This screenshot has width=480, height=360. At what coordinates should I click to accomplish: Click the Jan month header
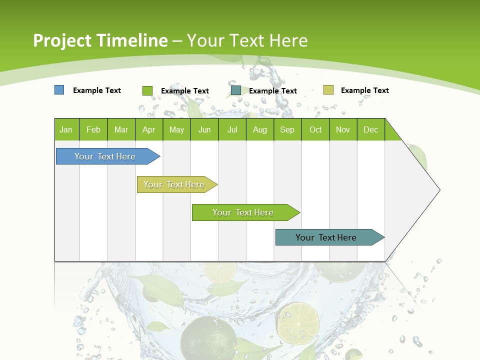click(66, 129)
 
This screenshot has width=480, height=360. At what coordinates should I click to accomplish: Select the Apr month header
click(148, 129)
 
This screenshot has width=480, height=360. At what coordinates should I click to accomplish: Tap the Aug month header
click(259, 129)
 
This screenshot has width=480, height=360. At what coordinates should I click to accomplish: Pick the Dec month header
click(370, 129)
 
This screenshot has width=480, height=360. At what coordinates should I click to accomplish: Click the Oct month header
click(315, 129)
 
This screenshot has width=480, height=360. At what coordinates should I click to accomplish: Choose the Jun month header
click(204, 129)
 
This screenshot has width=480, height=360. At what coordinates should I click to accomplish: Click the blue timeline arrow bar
click(105, 156)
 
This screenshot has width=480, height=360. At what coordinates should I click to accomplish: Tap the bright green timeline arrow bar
click(243, 212)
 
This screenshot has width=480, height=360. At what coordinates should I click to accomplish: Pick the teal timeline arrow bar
click(326, 237)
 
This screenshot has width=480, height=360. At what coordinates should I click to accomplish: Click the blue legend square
click(59, 90)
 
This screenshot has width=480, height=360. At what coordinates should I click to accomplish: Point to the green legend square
click(147, 90)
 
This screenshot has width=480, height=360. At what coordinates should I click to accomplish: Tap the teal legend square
click(235, 90)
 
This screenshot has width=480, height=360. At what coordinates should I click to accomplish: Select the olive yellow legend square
click(328, 90)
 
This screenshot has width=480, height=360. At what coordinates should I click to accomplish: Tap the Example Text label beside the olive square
click(364, 90)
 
